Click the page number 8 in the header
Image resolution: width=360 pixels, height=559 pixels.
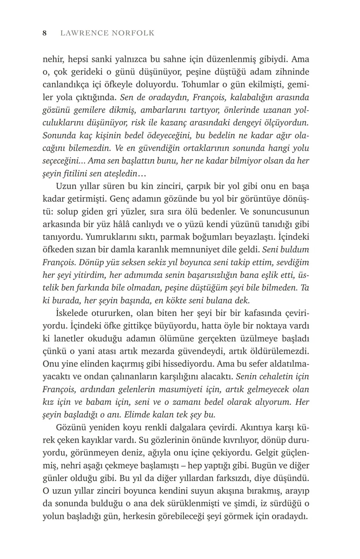click(x=45, y=33)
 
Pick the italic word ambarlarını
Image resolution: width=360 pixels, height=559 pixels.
click(x=161, y=110)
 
